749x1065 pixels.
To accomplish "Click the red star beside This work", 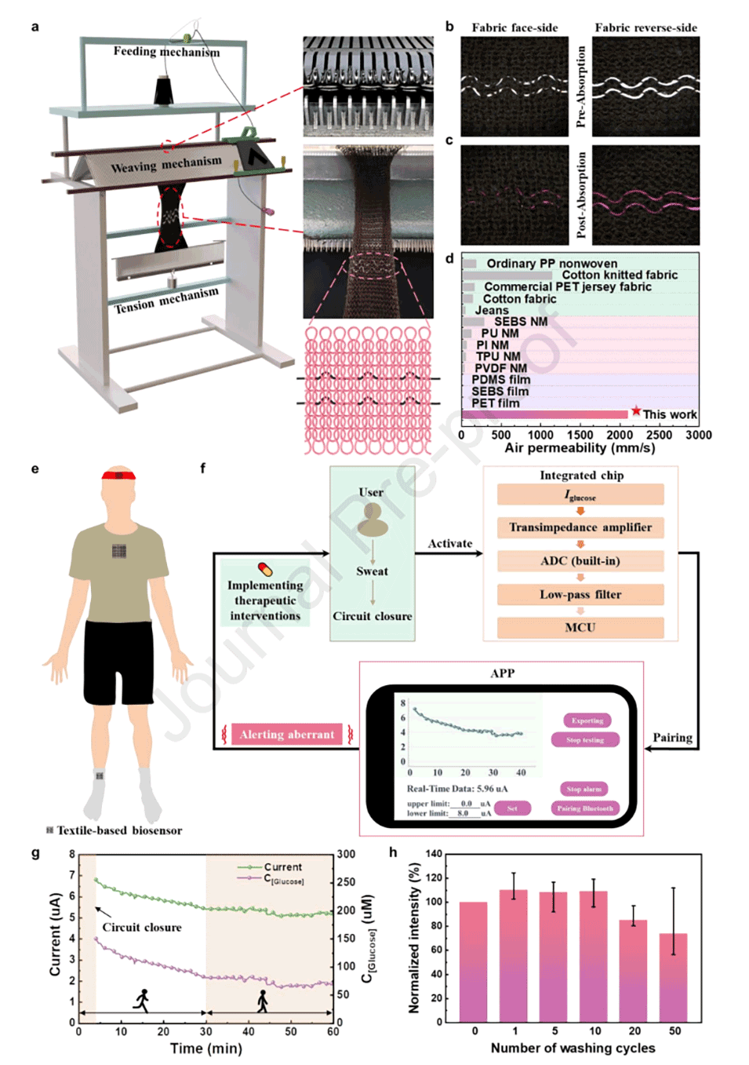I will (636, 411).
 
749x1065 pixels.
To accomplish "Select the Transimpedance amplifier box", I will (580, 527).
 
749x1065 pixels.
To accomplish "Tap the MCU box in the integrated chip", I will (580, 628).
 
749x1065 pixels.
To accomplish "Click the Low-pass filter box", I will (580, 595).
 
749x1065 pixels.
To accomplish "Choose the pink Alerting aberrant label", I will (287, 735).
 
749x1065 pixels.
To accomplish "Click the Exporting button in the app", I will (587, 720).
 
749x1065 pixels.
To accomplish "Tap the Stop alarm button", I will (585, 789).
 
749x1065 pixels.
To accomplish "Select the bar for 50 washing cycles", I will (674, 977).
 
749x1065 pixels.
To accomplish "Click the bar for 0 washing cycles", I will (474, 961).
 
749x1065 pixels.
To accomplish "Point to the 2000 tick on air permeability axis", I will (620, 435).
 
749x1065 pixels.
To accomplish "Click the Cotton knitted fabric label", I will (620, 275).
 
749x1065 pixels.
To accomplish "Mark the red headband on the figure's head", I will (118, 475).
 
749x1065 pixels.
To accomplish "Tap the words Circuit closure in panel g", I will (142, 928).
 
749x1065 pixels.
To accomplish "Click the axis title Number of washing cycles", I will (573, 1049).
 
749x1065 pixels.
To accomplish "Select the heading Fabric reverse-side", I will (645, 27).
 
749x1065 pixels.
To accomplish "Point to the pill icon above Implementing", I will (265, 569).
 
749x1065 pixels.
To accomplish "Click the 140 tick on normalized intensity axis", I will (434, 854).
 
